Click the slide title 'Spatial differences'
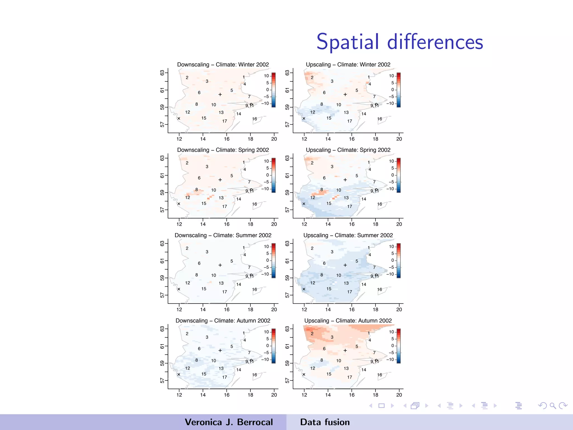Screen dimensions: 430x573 point(400,42)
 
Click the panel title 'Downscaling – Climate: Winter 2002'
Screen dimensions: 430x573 point(223,65)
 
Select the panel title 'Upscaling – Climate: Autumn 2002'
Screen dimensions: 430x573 point(348,321)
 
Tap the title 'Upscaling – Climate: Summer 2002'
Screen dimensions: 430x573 point(348,235)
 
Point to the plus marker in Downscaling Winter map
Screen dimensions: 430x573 point(220,95)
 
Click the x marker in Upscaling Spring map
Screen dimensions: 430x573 point(304,204)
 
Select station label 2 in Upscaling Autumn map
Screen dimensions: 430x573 point(312,334)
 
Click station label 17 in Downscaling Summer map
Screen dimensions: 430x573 point(224,292)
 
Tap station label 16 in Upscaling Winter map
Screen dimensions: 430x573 point(379,119)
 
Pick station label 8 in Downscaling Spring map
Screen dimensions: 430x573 point(197,190)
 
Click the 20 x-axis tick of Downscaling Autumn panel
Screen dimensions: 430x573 point(274,395)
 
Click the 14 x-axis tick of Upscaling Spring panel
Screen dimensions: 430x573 point(328,224)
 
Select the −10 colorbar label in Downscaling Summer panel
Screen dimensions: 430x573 point(265,274)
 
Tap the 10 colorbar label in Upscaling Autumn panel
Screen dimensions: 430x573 point(391,332)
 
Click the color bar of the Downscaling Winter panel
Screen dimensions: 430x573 point(274,90)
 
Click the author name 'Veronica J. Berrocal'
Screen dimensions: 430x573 point(229,422)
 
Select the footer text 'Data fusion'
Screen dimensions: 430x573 point(325,422)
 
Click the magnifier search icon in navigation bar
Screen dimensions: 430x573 point(552,406)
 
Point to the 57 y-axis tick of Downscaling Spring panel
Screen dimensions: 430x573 point(162,210)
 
